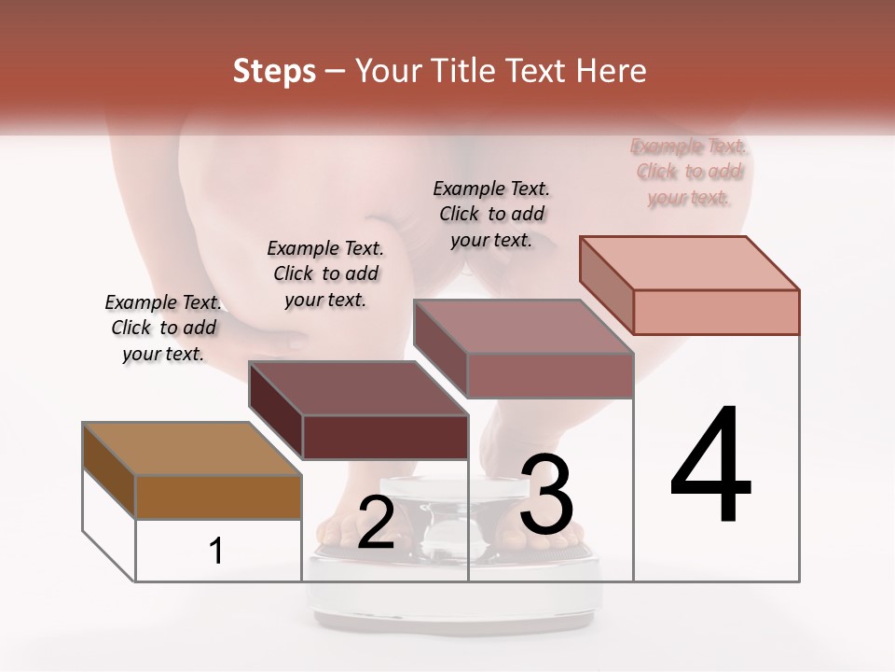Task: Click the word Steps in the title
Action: (274, 71)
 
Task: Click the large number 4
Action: (710, 466)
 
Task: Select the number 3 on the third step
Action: (546, 494)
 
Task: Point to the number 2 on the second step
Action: (376, 523)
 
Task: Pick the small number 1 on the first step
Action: (216, 552)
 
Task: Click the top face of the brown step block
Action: (191, 449)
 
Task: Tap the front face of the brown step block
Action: (219, 497)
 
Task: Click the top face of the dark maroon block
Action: (358, 387)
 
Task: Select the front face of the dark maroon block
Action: (385, 437)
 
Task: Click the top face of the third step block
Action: (523, 327)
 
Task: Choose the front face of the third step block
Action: (550, 375)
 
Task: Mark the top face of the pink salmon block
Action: (689, 262)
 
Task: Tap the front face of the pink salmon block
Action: (716, 312)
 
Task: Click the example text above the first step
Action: (163, 329)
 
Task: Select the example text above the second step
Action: (325, 273)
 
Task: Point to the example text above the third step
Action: (491, 214)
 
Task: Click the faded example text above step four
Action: (689, 172)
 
